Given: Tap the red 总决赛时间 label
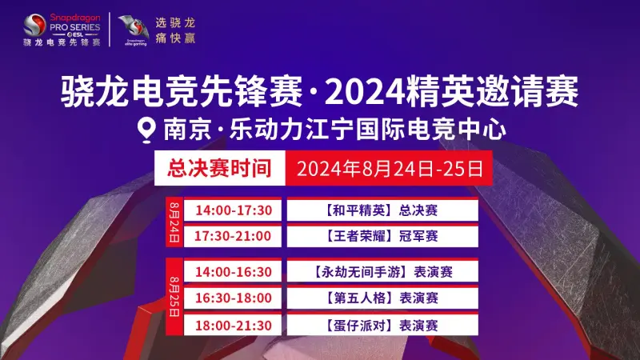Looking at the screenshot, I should (x=215, y=169).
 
